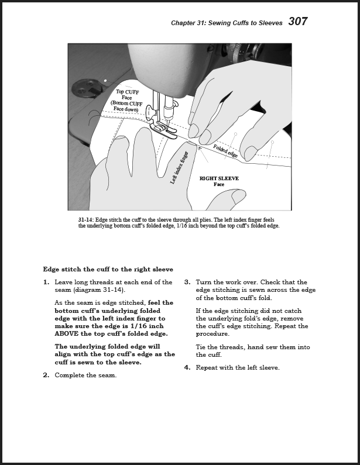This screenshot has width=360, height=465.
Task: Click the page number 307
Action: point(297,22)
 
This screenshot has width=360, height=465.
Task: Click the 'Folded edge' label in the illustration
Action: point(225,151)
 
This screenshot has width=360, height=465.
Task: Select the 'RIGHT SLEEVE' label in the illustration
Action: point(219,178)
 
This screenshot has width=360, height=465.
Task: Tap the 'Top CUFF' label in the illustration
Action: point(127,92)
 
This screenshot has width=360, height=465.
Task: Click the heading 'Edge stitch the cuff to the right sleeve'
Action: point(108,270)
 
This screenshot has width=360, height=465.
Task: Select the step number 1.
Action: point(46,282)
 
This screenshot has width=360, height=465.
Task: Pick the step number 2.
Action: point(46,376)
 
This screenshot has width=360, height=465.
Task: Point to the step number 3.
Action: point(187,282)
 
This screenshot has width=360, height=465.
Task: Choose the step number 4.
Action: point(187,368)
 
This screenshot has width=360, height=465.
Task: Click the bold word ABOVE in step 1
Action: point(71,334)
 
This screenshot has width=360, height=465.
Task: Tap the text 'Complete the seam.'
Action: point(85,376)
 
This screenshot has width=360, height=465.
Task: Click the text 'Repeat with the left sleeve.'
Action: point(237,368)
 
